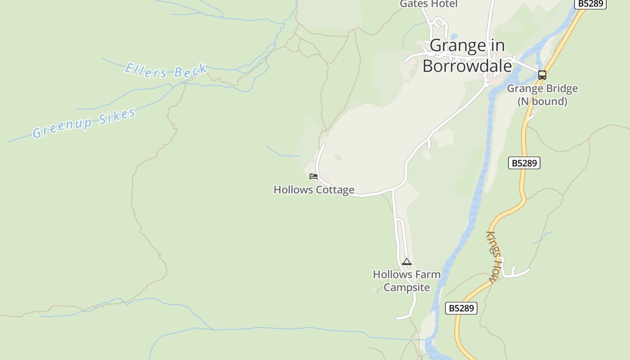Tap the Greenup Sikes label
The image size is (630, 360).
(x=84, y=123)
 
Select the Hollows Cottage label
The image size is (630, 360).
(x=314, y=190)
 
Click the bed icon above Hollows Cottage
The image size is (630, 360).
(x=314, y=176)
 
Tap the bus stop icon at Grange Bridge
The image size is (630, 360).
(x=542, y=75)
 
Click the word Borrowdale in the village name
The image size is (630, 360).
(x=467, y=66)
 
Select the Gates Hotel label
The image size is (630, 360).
(x=428, y=4)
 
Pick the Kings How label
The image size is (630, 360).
(x=494, y=256)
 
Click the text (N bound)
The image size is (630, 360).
(x=542, y=101)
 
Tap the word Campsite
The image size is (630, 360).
(x=407, y=288)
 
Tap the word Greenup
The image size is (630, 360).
(x=63, y=127)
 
